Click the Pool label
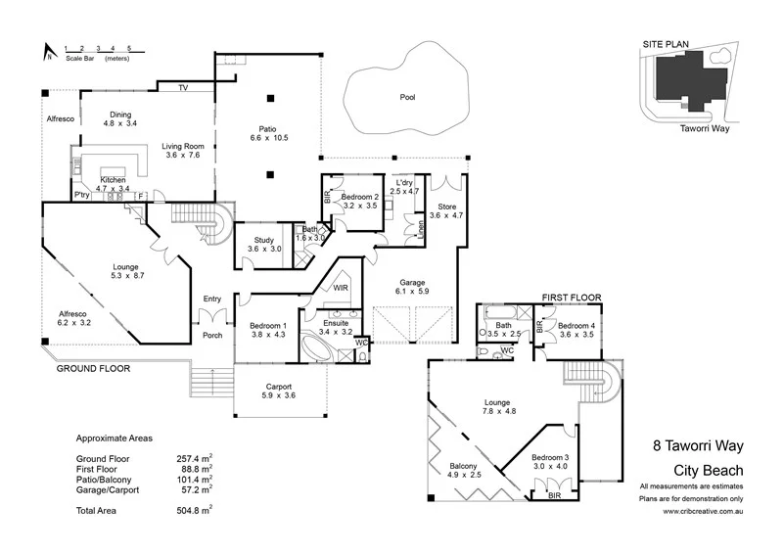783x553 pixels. [407, 97]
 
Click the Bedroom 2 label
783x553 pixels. [359, 197]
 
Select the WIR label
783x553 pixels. [341, 289]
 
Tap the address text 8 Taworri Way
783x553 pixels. [696, 444]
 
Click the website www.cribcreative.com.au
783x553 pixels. [696, 511]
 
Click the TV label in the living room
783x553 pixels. [183, 88]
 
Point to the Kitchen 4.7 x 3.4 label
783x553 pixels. [115, 183]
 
